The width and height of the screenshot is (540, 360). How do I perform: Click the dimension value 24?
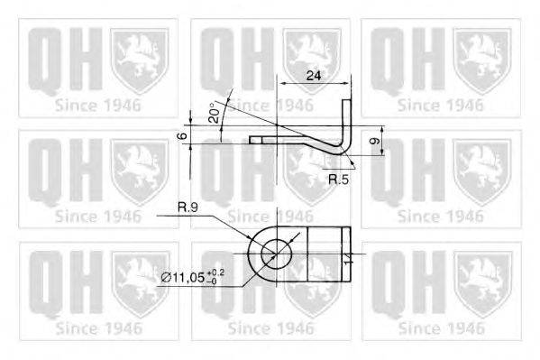tap(313, 76)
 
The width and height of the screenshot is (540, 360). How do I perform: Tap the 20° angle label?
tap(213, 112)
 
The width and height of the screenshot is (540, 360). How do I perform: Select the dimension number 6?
tap(181, 135)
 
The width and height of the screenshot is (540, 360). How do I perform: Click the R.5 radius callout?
tap(338, 180)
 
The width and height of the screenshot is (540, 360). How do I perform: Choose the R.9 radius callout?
tap(188, 208)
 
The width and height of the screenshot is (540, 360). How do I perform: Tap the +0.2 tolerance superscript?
tap(217, 272)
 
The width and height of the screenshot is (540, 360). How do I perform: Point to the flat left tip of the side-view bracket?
tap(256, 140)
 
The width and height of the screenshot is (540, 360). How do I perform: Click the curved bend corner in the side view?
tap(343, 151)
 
